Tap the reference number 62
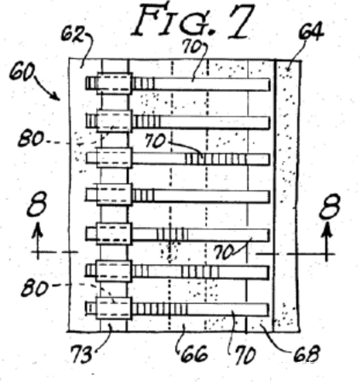coord(73,34)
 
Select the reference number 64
coord(311,32)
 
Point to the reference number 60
coord(22,72)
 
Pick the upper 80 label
coord(30,138)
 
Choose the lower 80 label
coord(35,288)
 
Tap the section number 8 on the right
coord(330,206)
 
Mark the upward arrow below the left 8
coord(38,240)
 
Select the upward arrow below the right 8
coord(327,241)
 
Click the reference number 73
coord(81,354)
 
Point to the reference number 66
coord(194,353)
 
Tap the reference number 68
coord(307,353)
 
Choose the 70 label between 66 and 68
coord(245,355)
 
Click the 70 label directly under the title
coord(193,46)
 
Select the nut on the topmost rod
coord(115,84)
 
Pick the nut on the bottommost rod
coord(114,309)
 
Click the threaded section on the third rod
coord(216,159)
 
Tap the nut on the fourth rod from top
coord(114,195)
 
